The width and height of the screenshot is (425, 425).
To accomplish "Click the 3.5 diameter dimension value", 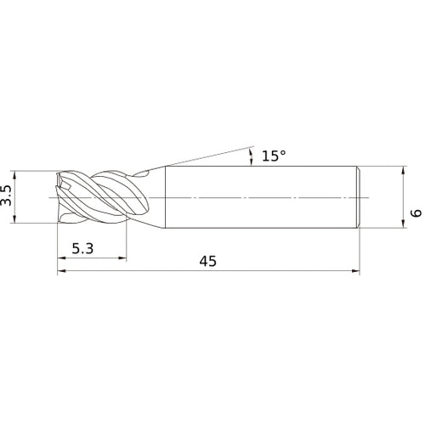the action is [6, 195].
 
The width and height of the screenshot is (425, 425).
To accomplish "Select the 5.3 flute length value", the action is [82, 248].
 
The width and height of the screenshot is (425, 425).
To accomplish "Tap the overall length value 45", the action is [207, 261].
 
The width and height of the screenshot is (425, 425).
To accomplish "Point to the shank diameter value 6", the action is [416, 213].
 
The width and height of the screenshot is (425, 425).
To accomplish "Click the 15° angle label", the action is [274, 156].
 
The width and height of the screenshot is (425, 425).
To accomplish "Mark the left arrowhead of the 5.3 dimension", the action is [61, 258].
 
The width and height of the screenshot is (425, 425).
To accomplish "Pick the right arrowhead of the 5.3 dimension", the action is [122, 258].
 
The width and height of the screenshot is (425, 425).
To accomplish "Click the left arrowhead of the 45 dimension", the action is [61, 271].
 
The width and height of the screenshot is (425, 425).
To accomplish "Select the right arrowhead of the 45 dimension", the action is [355, 271].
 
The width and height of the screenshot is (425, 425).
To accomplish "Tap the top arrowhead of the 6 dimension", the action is [404, 171].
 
